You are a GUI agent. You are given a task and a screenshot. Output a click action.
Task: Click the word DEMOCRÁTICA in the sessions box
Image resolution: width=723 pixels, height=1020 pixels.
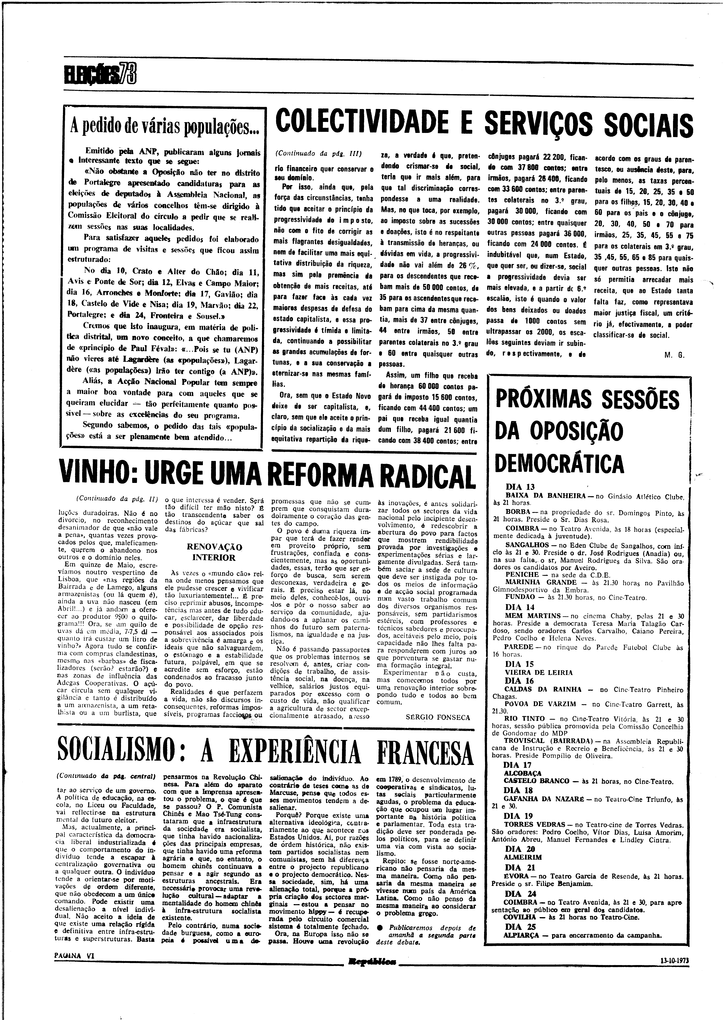[x=559, y=463]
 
